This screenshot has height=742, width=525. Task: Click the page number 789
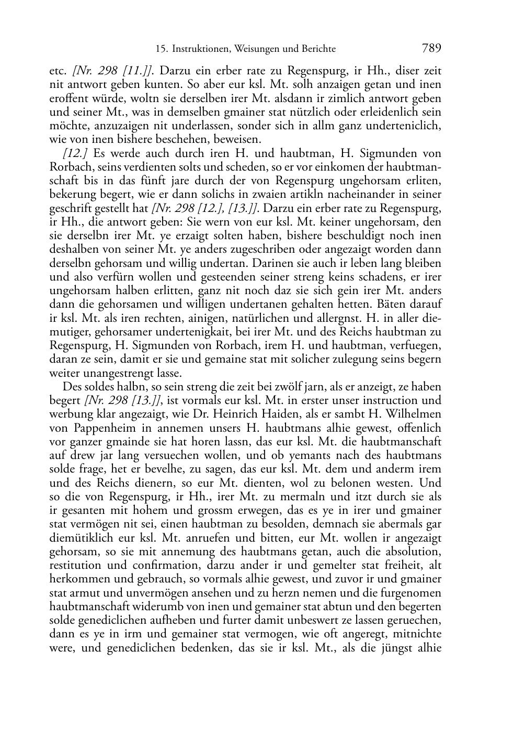(x=431, y=48)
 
